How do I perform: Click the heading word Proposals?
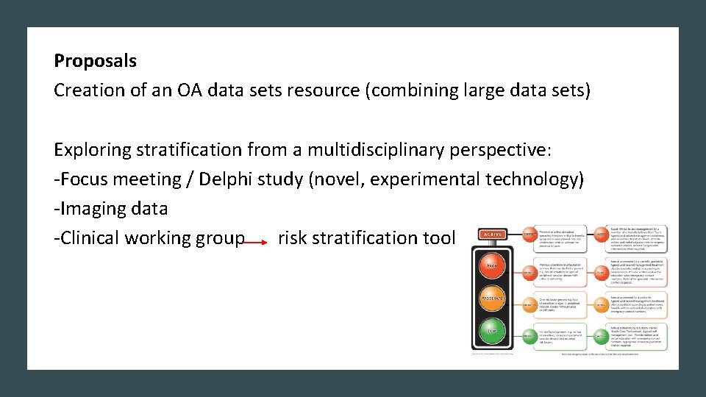95,61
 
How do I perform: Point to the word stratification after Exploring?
184,150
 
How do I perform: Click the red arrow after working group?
257,240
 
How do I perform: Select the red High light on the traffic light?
491,265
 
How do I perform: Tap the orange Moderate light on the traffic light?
491,298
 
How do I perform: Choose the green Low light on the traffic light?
491,332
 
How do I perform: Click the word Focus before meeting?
82,179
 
